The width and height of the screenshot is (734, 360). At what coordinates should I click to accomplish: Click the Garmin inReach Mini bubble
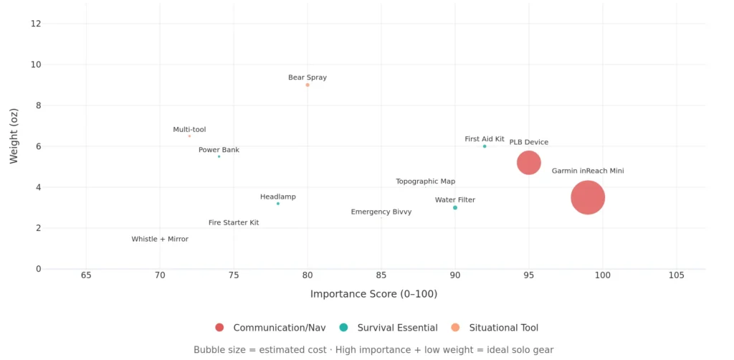coord(588,197)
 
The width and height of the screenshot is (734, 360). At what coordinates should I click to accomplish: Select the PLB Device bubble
coord(528,163)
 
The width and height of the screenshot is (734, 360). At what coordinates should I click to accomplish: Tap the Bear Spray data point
coord(308,85)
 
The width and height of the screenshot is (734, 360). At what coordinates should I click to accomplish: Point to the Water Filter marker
coord(455,208)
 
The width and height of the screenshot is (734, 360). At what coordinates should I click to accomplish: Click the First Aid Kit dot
coord(485,146)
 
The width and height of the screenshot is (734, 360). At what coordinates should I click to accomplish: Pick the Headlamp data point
coord(278,204)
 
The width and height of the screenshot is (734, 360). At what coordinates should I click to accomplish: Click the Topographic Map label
coord(425,181)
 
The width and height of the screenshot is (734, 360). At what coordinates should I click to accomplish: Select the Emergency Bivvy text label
coord(381,212)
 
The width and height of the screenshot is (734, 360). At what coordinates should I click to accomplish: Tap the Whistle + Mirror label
coord(160,240)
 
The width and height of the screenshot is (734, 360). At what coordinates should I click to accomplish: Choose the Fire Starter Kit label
coord(234,223)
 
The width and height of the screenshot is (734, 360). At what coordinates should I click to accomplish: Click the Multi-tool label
coord(189,130)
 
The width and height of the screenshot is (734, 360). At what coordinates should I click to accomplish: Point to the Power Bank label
coord(219,150)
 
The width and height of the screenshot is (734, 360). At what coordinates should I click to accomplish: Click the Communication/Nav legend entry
coord(270,328)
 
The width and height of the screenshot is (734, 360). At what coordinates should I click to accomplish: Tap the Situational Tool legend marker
coord(454,328)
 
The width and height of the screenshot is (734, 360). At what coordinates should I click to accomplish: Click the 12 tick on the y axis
coord(36,24)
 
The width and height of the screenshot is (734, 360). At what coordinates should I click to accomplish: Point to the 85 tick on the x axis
coord(381,275)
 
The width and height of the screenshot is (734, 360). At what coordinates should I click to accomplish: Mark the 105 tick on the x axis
coord(676,275)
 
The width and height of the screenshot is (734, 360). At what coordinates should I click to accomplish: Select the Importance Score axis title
coord(373,294)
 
